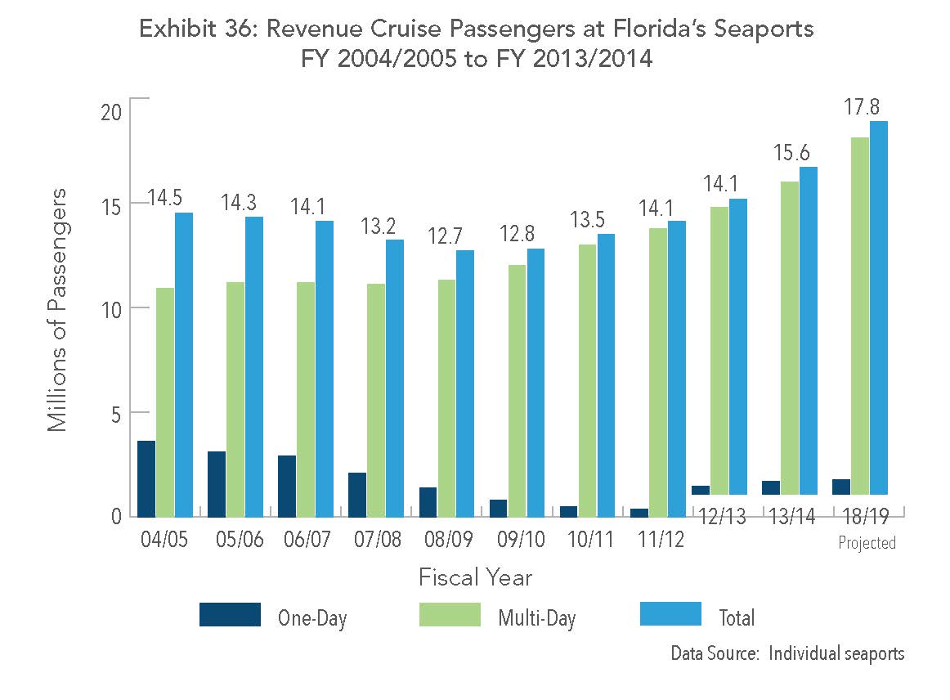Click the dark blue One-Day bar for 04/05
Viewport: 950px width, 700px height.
[146, 478]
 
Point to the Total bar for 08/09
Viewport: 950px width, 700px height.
[464, 383]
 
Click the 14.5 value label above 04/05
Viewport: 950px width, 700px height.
[165, 198]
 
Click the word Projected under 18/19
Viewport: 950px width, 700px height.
[867, 543]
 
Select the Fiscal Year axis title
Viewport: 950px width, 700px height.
[475, 577]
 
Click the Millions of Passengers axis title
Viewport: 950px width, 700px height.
[56, 309]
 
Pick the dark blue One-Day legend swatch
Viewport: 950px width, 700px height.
[230, 615]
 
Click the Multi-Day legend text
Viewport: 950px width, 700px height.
[536, 618]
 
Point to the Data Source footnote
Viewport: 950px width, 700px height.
[787, 653]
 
